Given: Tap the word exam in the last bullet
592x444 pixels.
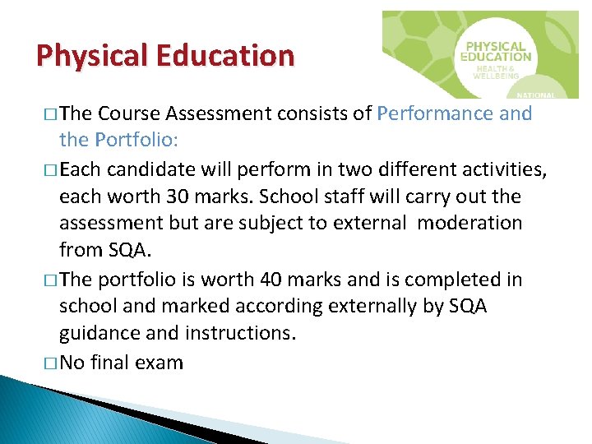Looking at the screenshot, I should [157, 363].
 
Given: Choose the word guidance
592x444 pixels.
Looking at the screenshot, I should [99, 335].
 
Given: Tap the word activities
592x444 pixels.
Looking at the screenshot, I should [503, 169].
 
